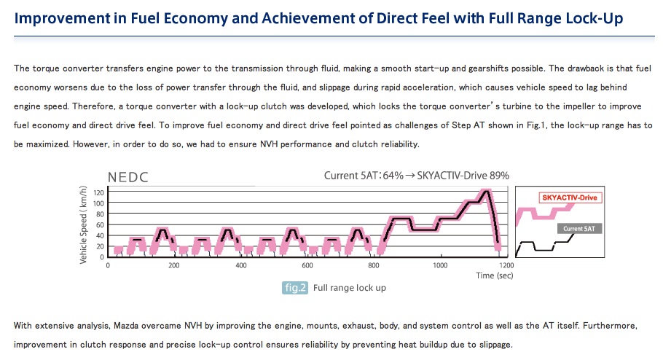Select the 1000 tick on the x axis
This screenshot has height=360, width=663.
pyautogui.click(x=439, y=265)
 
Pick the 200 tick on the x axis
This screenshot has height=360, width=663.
pyautogui.click(x=174, y=265)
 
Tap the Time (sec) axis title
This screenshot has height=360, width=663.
pyautogui.click(x=495, y=275)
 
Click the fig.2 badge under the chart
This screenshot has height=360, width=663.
pyautogui.click(x=295, y=288)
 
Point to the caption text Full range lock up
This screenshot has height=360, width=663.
pyautogui.click(x=350, y=288)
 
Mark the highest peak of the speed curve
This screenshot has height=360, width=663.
pyautogui.click(x=484, y=192)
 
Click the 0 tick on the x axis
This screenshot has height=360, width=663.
pyautogui.click(x=108, y=265)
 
